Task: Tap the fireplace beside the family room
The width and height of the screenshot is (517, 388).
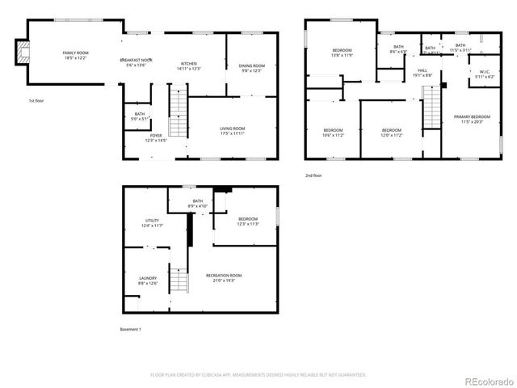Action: [x=23, y=55]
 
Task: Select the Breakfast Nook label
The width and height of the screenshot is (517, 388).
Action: [x=137, y=63]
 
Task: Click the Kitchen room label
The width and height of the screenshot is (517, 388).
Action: [x=189, y=65]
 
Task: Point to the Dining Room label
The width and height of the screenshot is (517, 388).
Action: [x=251, y=68]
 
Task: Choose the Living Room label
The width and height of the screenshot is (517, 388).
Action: [x=233, y=130]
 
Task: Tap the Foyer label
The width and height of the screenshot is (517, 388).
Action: [x=155, y=137]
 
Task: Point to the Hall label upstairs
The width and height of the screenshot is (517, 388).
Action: [x=422, y=72]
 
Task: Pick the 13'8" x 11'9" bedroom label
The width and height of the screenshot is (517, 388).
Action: [x=342, y=53]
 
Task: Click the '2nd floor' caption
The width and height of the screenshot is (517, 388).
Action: [x=313, y=175]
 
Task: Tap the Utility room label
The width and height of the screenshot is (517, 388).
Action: [x=152, y=222]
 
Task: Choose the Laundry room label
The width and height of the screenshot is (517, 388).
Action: [x=148, y=280]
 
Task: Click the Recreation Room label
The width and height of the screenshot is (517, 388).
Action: [x=224, y=277]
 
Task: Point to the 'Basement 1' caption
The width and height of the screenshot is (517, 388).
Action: [x=130, y=329]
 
